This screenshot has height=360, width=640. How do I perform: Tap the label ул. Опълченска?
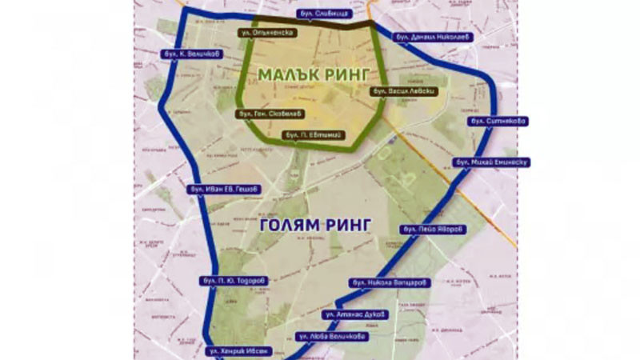(x=270, y=34)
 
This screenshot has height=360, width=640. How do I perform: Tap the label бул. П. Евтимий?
(x=315, y=135)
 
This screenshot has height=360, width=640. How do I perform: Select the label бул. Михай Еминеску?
(x=492, y=162)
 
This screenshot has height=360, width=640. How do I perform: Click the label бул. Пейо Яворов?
(x=432, y=230)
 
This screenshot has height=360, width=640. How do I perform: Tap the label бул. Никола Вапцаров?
(x=391, y=282)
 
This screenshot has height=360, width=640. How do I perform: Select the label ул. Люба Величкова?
(x=331, y=337)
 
